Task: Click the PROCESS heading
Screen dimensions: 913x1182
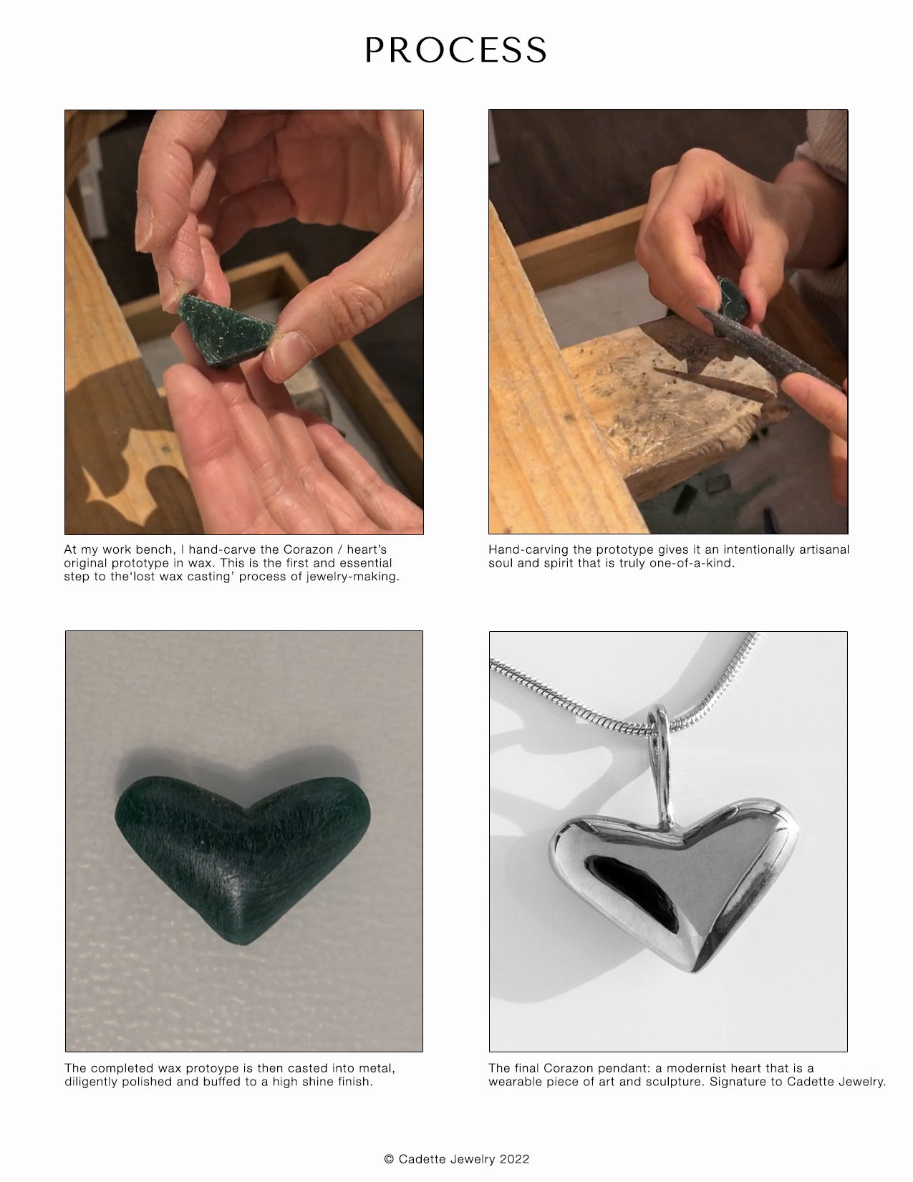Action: coord(455,50)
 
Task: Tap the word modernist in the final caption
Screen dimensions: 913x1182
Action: coord(697,1068)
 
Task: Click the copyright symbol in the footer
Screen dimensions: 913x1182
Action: coord(389,1158)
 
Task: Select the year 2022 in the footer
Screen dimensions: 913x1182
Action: coord(514,1158)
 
